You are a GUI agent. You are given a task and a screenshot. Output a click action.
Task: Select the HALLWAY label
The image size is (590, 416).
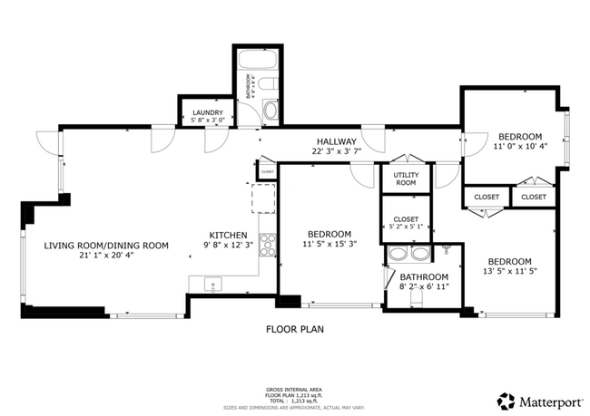(x=336, y=141)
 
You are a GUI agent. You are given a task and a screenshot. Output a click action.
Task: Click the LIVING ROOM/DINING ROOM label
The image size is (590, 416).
(x=107, y=245)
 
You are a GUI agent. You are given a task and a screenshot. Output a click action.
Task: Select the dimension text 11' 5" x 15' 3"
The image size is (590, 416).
(x=329, y=243)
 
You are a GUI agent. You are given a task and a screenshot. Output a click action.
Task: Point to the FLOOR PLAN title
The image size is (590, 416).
(x=294, y=329)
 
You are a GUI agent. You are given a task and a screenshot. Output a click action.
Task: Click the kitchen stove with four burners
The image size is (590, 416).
(x=269, y=243)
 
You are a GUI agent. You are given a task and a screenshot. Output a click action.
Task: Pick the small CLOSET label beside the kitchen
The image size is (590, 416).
(x=268, y=170)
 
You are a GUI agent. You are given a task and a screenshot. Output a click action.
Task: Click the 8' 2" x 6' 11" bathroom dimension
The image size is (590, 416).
(x=424, y=287)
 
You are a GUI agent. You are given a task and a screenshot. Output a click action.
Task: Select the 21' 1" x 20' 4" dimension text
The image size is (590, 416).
(x=107, y=255)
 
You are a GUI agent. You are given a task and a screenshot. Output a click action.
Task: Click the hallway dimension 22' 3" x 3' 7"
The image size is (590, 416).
(x=336, y=151)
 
